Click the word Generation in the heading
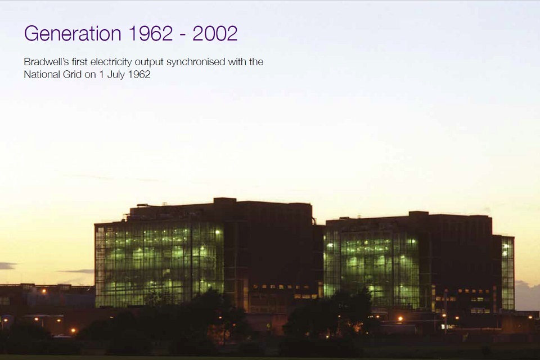pyautogui.click(x=73, y=33)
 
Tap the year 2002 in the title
pyautogui.click(x=215, y=33)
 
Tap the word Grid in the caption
pyautogui.click(x=73, y=74)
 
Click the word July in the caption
pyautogui.click(x=115, y=75)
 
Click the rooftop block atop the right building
pyautogui.click(x=418, y=214)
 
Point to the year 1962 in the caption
pyautogui.click(x=139, y=74)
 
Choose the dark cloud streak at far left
pyautogui.click(x=7, y=265)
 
